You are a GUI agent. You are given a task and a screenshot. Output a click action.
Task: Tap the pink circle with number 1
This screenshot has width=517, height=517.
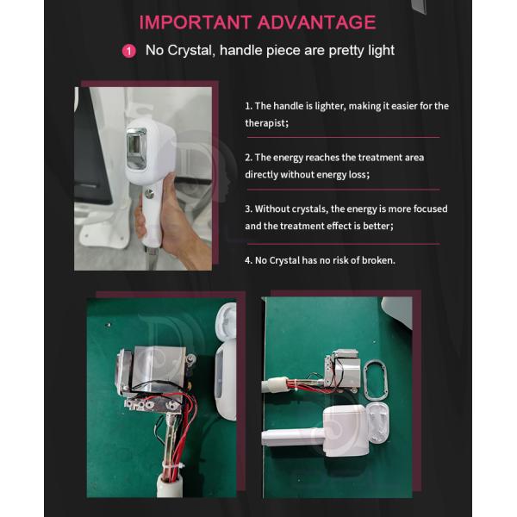pyautogui.click(x=129, y=51)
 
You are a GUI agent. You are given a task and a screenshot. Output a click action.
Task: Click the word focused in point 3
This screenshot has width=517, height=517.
pyautogui.click(x=428, y=209)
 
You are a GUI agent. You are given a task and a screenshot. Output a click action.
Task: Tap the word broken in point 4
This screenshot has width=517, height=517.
pyautogui.click(x=376, y=259)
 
